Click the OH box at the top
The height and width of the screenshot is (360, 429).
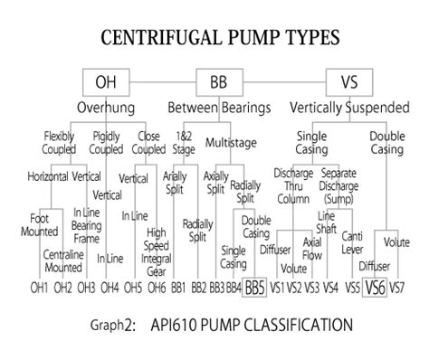pos(106,82)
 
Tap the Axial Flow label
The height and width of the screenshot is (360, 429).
pos(311,248)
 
